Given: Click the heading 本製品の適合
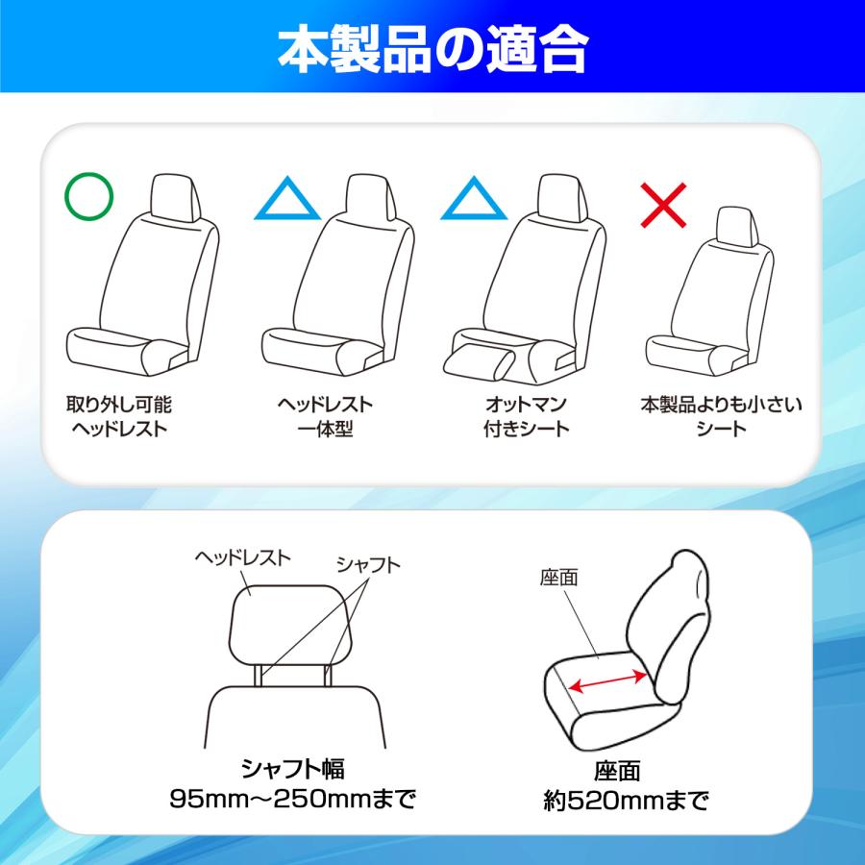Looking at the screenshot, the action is pos(433,49).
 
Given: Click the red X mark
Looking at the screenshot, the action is pos(663,206).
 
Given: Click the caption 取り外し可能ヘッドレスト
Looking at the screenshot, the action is pos(119,416).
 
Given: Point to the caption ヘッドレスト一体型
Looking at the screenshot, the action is pos(325,416).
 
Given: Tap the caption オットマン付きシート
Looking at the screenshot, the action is pos(527,416).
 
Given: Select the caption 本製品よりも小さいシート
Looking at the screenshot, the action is pos(721,416).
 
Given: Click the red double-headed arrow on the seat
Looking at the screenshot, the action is pos(607,680).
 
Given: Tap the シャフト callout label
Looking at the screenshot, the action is pos(368,564).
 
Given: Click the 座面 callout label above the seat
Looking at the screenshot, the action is pos(558,578).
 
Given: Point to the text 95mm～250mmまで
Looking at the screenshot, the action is pos(292,799).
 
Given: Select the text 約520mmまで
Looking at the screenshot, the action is pos(626,801).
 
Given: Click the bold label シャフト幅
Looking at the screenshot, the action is pos(292,769).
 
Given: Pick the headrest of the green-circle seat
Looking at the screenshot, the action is pos(175,197).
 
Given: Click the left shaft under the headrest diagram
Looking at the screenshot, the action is pos(258,675).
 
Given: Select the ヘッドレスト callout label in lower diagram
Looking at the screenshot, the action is pos(242,557).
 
